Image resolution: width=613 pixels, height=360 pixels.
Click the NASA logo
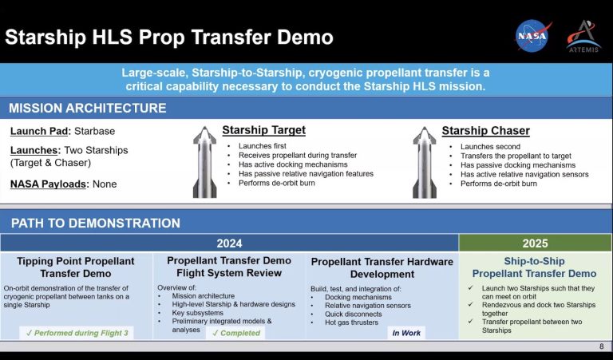tap(533, 37)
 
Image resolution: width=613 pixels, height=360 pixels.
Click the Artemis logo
tap(583, 37)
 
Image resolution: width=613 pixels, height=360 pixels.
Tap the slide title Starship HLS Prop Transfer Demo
tap(169, 38)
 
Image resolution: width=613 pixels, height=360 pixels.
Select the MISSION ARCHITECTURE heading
tap(88, 108)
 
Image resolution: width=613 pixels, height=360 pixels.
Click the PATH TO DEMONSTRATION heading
tap(95, 223)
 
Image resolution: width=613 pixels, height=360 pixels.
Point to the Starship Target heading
tap(263, 130)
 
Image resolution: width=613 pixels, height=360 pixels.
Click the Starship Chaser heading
tap(485, 130)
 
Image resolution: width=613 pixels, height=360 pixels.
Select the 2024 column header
tap(229, 243)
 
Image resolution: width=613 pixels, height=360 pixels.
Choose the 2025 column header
tap(535, 243)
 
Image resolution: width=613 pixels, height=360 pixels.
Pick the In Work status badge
tap(406, 333)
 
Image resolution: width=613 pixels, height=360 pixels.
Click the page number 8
tap(601, 346)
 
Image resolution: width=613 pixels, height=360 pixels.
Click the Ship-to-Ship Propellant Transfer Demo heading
tap(534, 267)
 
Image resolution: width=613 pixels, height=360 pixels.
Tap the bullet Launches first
tap(263, 146)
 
